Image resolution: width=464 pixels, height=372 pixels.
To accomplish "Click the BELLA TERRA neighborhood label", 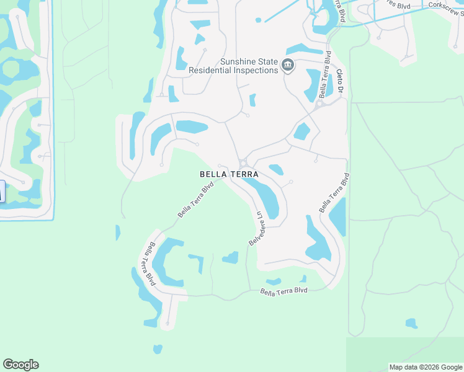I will pyautogui.click(x=229, y=175).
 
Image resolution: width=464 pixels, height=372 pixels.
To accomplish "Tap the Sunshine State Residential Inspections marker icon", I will pyautogui.click(x=288, y=64).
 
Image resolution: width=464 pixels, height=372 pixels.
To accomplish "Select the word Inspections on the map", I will pyautogui.click(x=256, y=71).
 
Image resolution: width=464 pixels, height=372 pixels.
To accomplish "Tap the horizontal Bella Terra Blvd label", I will pyautogui.click(x=283, y=291).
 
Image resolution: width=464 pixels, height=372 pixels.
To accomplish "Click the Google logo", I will pyautogui.click(x=20, y=365).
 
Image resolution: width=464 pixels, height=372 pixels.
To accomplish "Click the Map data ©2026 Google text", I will pyautogui.click(x=425, y=367).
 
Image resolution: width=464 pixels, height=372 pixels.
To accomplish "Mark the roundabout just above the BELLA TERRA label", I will pyautogui.click(x=243, y=162).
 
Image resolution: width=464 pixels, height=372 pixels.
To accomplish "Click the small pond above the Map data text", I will pyautogui.click(x=411, y=323).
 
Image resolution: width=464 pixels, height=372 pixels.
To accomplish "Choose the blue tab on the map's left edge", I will pyautogui.click(x=2, y=191).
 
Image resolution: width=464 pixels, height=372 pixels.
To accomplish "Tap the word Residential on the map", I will pyautogui.click(x=210, y=71).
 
